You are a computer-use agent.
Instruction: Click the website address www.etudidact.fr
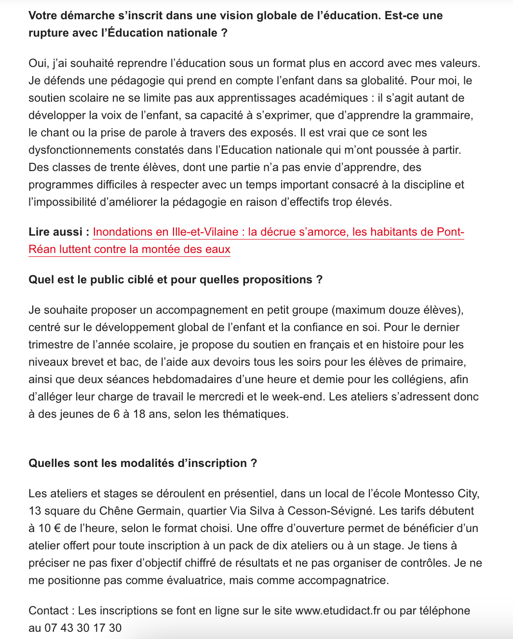337,611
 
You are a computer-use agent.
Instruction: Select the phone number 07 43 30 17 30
83,628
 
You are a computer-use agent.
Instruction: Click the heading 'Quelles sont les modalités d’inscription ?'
143,463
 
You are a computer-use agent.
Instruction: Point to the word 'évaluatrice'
195,580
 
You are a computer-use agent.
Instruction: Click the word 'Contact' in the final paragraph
49,611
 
